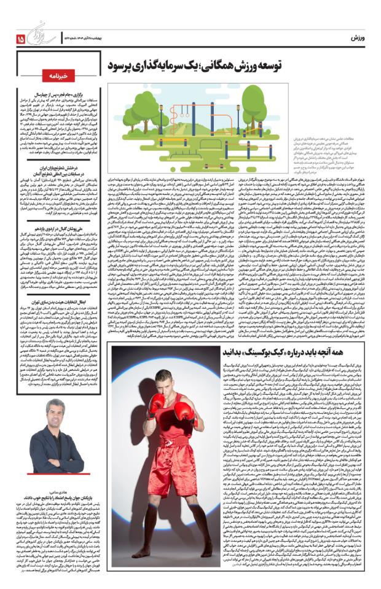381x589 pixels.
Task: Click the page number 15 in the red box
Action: tap(22, 39)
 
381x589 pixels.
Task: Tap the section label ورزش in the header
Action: tap(357, 38)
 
